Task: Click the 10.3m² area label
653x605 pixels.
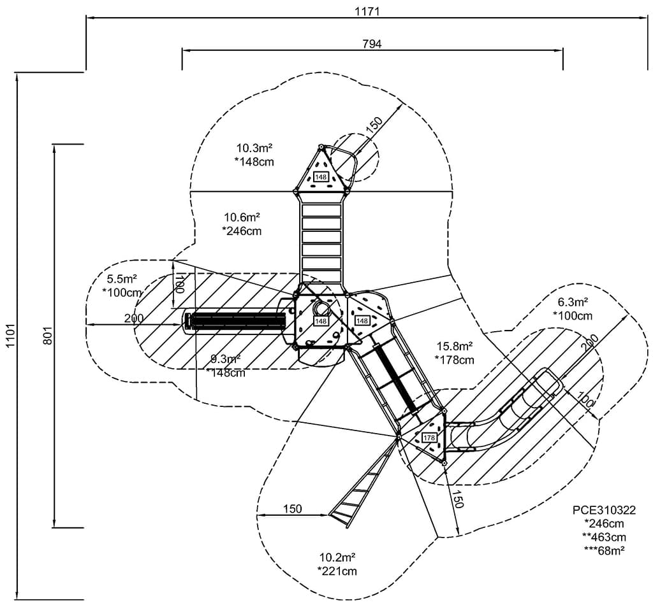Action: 254,148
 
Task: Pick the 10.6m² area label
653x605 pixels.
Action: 242,217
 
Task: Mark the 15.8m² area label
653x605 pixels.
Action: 454,346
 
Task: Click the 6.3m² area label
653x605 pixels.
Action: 573,302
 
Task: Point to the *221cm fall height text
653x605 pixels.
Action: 337,571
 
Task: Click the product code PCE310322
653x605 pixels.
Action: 604,510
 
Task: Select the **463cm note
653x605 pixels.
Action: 604,537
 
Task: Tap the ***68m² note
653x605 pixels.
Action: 604,550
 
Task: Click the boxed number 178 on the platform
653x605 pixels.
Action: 429,438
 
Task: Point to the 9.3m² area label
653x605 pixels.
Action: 226,359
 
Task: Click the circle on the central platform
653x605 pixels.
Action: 322,309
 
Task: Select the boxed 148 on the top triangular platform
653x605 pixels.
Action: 321,177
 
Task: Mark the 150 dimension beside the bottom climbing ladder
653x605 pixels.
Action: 292,508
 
